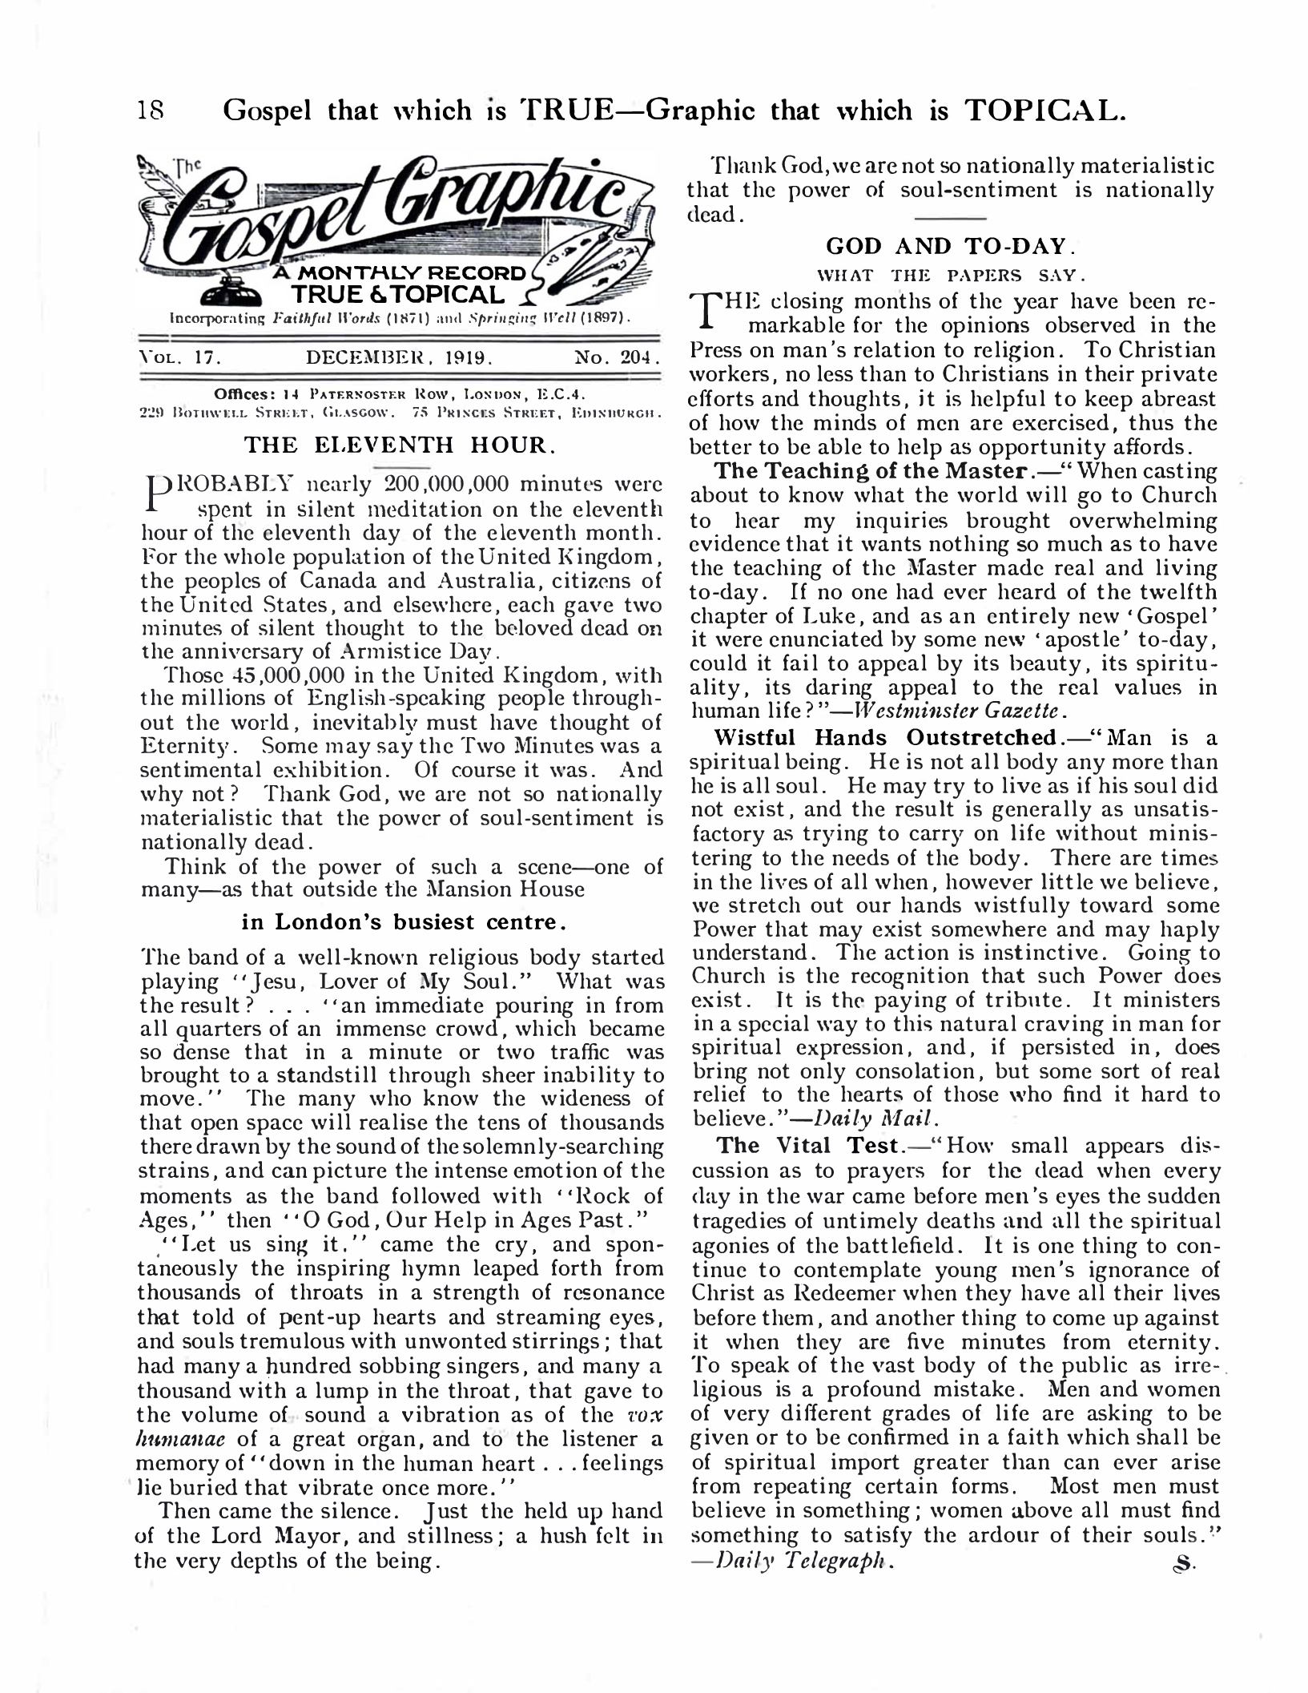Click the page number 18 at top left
151,111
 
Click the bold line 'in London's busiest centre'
404,922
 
